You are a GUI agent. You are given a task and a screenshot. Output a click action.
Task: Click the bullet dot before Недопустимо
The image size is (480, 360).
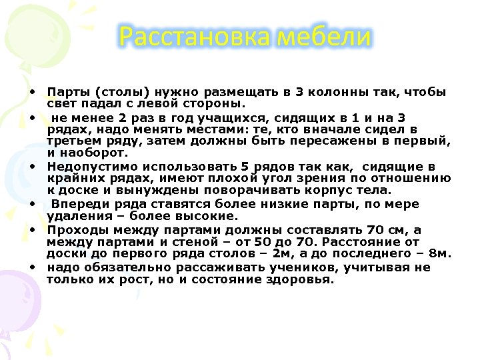(32, 165)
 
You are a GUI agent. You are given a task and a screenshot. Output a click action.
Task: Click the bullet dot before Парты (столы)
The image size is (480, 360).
(32, 91)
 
